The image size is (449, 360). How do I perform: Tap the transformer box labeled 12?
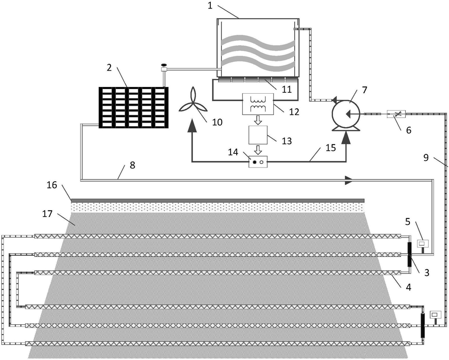tap(258, 104)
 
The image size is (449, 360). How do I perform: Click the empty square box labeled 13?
tap(258, 135)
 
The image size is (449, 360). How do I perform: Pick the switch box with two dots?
tap(258, 162)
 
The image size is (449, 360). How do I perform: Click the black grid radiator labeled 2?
tap(134, 107)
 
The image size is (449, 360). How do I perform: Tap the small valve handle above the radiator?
tap(164, 65)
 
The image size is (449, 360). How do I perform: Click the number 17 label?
tap(47, 214)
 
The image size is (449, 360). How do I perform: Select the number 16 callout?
tap(52, 185)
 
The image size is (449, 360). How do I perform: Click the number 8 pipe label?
tap(132, 165)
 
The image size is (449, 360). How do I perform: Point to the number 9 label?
tap(426, 158)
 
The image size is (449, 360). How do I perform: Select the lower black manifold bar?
tap(422, 326)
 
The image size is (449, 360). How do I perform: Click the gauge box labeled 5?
tap(422, 244)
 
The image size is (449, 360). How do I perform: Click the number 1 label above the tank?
tap(210, 6)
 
